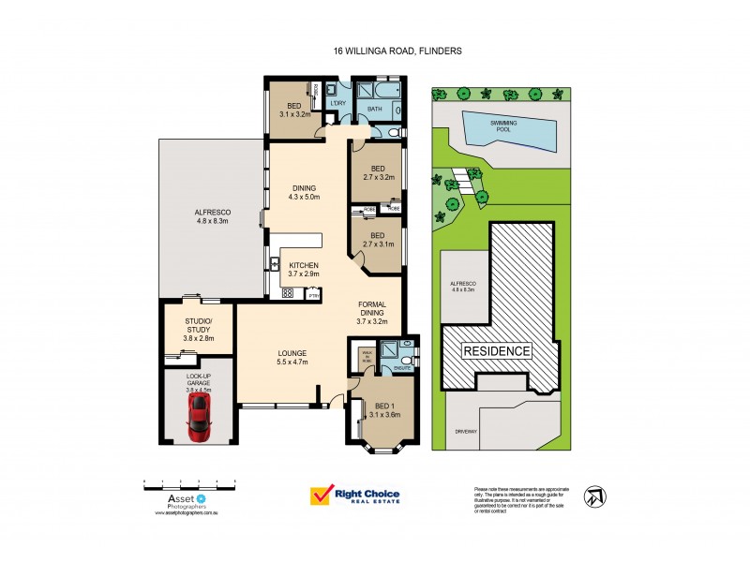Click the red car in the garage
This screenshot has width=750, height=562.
(198, 417)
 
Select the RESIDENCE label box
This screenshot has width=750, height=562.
(496, 351)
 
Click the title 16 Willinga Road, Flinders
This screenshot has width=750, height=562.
(397, 52)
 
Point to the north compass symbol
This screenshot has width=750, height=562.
(593, 495)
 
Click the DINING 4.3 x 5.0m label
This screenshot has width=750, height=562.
(304, 192)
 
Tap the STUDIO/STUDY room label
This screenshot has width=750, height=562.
(199, 329)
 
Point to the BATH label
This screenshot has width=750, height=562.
(375, 109)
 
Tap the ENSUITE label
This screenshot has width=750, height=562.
(403, 368)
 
